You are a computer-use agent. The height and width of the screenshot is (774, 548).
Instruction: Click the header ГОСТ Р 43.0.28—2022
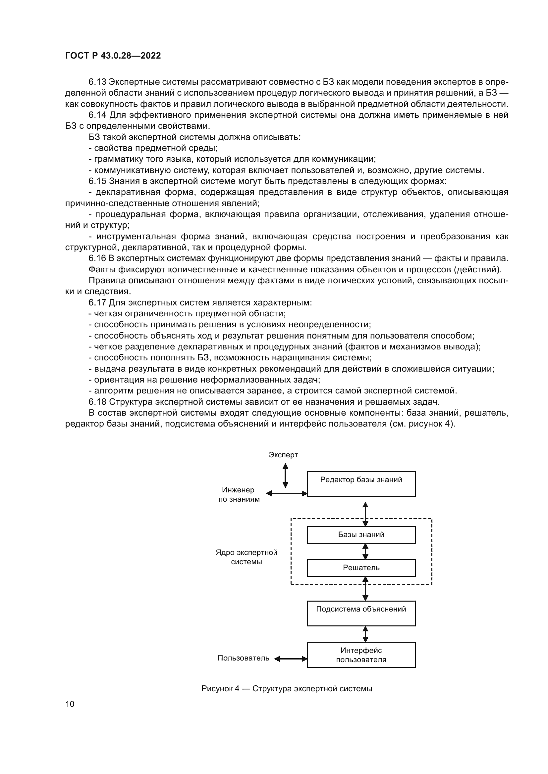point(113,56)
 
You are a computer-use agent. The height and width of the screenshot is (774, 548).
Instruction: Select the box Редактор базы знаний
point(361,484)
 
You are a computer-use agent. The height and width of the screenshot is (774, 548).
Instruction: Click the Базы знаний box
point(361,535)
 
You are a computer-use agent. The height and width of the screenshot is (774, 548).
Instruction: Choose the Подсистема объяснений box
point(361,613)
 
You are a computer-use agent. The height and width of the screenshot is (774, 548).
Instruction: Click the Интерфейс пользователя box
point(361,655)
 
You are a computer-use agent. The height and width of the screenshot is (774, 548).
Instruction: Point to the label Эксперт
point(283,455)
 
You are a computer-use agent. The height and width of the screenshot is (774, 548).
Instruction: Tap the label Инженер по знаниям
point(239,494)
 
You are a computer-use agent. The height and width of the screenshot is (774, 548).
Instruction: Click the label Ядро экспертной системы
point(246,557)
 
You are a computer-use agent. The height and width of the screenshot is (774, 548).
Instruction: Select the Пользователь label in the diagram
point(243,658)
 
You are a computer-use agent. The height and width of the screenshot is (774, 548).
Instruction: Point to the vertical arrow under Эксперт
point(285,475)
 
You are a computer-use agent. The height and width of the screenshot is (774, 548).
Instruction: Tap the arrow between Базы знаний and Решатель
point(365,551)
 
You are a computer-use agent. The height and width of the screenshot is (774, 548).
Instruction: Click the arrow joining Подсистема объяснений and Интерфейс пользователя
point(365,634)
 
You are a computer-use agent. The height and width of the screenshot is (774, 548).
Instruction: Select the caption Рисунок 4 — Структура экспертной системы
point(287,689)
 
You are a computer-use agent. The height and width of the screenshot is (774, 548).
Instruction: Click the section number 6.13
point(97,82)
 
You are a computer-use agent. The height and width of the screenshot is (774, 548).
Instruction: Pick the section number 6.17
point(97,303)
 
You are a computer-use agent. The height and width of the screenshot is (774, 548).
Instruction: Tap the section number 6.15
point(97,181)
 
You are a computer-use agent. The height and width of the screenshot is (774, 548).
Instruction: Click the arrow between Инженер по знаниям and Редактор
point(287,493)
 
